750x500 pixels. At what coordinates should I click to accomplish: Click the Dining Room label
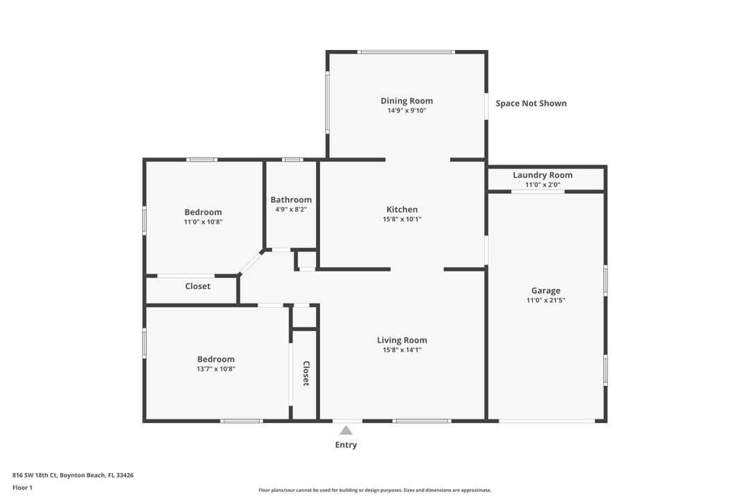click(x=406, y=101)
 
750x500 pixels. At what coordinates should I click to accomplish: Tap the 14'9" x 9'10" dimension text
click(x=406, y=110)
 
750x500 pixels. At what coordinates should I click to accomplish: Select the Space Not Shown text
click(x=531, y=103)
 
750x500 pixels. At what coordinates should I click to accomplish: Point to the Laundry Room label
click(x=542, y=175)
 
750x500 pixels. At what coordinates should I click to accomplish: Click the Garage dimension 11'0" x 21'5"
click(x=545, y=301)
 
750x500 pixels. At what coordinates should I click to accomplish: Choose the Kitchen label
click(x=402, y=210)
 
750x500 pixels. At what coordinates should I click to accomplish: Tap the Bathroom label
click(x=291, y=200)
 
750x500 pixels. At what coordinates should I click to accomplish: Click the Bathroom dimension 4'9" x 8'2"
click(x=291, y=209)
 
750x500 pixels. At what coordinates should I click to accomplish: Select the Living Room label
click(x=402, y=340)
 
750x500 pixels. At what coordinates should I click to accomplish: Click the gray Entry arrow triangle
click(x=346, y=431)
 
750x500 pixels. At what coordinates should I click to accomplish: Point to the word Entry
click(x=346, y=445)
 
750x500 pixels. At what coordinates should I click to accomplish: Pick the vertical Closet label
click(x=306, y=374)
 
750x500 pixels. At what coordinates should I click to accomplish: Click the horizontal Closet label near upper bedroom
click(x=197, y=286)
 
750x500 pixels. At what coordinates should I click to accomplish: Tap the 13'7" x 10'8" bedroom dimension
click(x=216, y=369)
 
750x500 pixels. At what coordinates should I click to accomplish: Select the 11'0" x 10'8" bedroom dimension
click(x=203, y=222)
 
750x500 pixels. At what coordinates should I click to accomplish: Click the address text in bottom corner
click(x=73, y=475)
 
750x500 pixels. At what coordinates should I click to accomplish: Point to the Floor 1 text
click(x=22, y=487)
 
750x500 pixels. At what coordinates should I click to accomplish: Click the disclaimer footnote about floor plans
click(x=375, y=490)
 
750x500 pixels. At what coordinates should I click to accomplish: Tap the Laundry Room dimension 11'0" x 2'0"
click(x=542, y=185)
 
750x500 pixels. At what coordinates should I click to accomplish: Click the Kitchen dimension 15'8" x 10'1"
click(x=402, y=219)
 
